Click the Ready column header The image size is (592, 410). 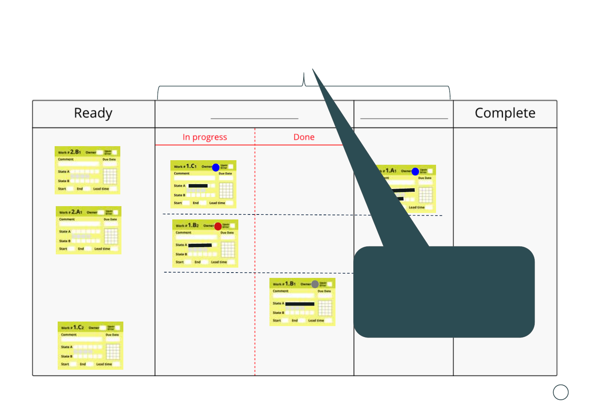(x=93, y=113)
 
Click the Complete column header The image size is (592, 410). (x=505, y=113)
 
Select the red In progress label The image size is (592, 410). (x=205, y=137)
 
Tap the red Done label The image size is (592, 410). (x=304, y=137)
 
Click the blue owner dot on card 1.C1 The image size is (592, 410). (x=216, y=167)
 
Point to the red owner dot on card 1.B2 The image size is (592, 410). (x=218, y=226)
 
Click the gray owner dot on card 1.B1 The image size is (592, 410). (x=315, y=284)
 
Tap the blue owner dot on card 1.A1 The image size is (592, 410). (x=415, y=172)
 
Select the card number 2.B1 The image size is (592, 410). (x=76, y=152)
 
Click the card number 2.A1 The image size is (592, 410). (x=77, y=212)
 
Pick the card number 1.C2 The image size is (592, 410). (x=79, y=327)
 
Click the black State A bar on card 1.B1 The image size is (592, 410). (x=300, y=304)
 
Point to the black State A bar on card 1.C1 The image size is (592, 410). (x=198, y=186)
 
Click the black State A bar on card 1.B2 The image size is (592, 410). (x=200, y=245)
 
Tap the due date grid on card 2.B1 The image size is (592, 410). (x=110, y=177)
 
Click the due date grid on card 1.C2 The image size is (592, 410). (x=113, y=352)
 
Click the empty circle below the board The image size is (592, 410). (x=561, y=392)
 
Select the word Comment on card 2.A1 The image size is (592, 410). (x=67, y=219)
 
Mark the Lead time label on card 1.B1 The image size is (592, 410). (x=316, y=321)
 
